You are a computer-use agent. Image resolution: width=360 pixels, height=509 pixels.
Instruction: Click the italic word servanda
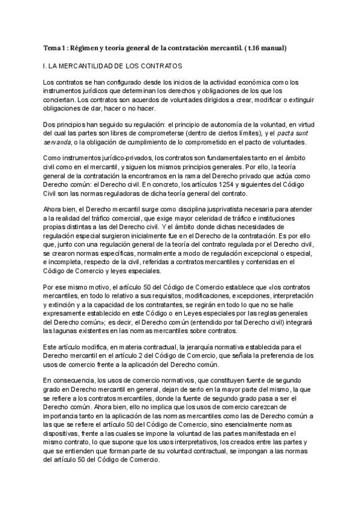coord(58,142)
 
